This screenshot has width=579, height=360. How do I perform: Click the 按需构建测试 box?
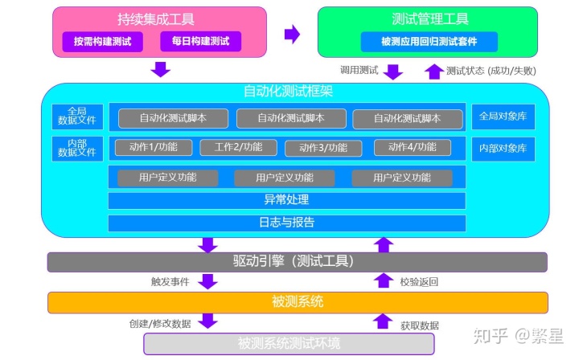point(102,41)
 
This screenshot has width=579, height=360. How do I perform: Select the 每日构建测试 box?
point(195,41)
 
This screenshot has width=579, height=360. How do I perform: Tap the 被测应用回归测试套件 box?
point(429,41)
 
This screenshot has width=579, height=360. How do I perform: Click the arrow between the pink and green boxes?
point(292,34)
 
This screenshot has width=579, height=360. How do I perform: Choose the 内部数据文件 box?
point(74,149)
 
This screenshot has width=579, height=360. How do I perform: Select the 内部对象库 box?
point(503,149)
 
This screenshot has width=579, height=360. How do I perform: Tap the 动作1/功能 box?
point(154,148)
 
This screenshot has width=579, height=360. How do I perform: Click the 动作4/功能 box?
point(413,148)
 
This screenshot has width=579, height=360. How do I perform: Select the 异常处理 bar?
point(286,200)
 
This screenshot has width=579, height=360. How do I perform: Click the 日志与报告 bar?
point(286,223)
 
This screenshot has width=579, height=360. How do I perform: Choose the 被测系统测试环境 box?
point(289,344)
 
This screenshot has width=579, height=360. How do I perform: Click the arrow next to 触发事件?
point(208,281)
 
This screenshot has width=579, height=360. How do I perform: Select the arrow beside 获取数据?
point(383,321)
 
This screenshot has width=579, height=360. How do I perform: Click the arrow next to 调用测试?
point(392,72)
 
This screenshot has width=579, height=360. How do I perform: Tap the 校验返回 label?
point(419,282)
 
